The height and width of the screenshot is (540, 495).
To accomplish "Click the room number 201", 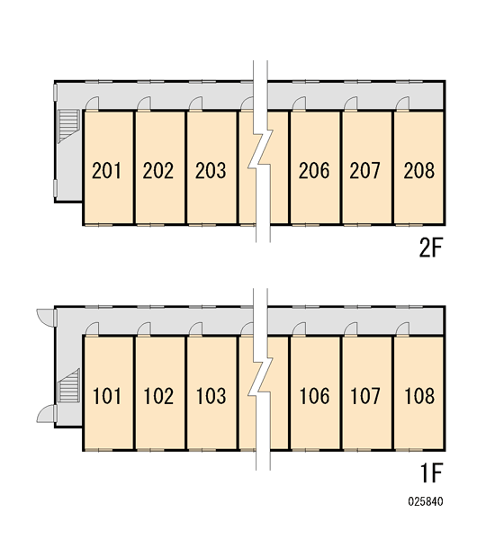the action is coord(106,170).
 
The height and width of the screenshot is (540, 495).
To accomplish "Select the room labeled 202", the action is coord(158,170).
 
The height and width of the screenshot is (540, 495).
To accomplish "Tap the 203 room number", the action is coord(211,170).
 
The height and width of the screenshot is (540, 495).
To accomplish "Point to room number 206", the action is coord(314,170).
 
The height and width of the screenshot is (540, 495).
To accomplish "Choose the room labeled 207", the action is coord(365,170).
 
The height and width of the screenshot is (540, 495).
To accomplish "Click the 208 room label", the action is coord(418,170).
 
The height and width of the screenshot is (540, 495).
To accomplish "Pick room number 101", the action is coord(107,396).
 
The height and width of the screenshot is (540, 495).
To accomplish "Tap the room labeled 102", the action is coord(158,396).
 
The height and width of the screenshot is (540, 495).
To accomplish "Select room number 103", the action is coord(211,396).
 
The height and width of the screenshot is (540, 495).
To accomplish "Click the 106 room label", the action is coord(314,396).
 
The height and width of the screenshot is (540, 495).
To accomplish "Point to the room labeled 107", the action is coord(365,396).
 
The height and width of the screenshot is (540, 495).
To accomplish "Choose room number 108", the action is coord(419,396).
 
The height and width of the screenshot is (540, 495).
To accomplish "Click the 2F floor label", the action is coord(430,247).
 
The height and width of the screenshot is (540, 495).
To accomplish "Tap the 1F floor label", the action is coord(431,473).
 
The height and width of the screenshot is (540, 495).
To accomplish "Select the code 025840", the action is coord(426,501).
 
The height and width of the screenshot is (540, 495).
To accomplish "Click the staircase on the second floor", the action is coord(68,126).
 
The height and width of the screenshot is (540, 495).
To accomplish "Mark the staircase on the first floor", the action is coord(68,385).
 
